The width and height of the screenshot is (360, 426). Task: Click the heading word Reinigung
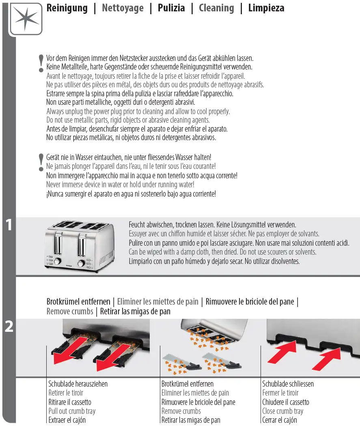point(67,8)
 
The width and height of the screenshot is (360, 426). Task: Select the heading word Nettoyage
point(123,8)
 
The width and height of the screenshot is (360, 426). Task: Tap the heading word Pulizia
point(171,8)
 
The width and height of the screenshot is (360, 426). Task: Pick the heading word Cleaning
point(216,8)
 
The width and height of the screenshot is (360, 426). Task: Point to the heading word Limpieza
point(266,8)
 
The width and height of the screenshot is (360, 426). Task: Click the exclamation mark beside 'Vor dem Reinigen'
point(41,64)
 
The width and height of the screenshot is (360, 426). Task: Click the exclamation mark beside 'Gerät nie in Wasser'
point(41,162)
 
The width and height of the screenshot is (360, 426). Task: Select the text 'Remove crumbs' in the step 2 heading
point(69,311)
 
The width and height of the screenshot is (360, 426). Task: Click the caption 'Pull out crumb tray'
point(72,411)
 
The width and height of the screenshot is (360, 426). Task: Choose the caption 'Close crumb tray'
point(282,411)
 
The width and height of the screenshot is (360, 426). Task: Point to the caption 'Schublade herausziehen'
point(78,384)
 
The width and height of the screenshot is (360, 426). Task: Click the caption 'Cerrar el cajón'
point(279,420)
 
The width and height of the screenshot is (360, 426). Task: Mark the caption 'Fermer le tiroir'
point(280,393)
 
